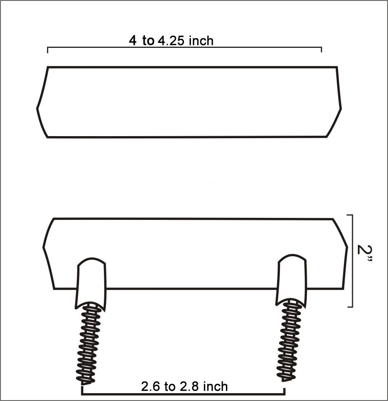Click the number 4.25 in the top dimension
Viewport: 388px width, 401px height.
[x=171, y=41]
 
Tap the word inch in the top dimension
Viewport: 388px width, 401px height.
[x=201, y=41]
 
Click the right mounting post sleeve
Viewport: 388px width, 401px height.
[x=292, y=280]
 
